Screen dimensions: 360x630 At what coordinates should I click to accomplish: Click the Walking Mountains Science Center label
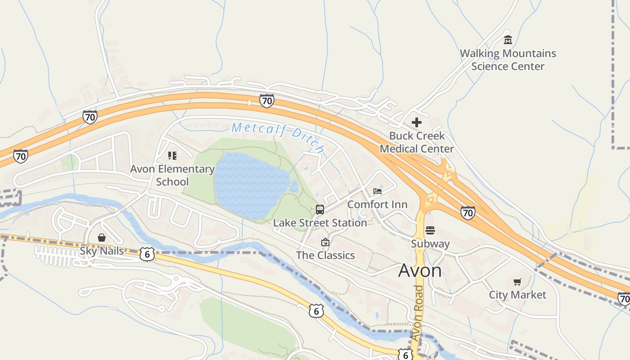(x=508, y=60)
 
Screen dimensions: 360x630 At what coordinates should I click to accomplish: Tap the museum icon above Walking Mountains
(x=508, y=40)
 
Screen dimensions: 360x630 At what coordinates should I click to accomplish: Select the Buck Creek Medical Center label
(x=417, y=142)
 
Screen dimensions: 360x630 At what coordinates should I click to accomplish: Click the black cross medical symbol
(x=417, y=122)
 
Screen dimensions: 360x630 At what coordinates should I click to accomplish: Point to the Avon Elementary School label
(x=172, y=175)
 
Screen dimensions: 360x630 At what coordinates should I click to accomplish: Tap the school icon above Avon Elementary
(x=172, y=156)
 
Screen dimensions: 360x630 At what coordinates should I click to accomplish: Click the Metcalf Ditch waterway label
(x=278, y=136)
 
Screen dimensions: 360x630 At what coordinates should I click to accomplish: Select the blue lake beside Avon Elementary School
(x=250, y=184)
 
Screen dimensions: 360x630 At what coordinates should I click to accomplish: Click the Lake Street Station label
(x=320, y=223)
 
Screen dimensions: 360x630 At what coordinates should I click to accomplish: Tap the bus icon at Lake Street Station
(x=320, y=210)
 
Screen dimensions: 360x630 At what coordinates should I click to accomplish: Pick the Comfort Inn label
(x=377, y=204)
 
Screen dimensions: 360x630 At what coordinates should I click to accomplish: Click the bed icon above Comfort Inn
(x=378, y=191)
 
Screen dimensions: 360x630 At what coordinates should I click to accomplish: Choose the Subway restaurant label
(x=430, y=244)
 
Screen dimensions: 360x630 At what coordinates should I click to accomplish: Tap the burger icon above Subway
(x=430, y=230)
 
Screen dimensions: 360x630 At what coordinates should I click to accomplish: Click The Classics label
(x=325, y=255)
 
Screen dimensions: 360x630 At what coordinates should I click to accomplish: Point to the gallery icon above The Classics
(x=325, y=243)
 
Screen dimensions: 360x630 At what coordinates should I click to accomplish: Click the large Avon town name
(x=420, y=271)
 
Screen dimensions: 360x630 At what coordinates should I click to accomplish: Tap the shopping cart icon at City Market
(x=517, y=282)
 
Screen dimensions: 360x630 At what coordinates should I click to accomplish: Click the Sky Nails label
(x=102, y=251)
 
